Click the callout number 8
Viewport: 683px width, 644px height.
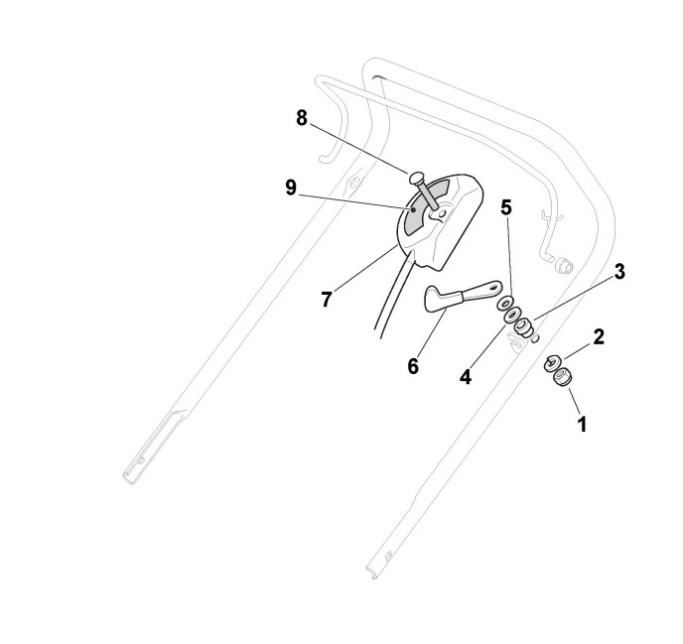tap(302, 118)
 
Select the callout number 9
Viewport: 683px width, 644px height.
tap(291, 188)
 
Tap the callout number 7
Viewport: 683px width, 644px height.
tap(327, 299)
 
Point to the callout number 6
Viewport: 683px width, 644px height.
tap(413, 365)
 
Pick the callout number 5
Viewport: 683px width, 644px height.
tap(505, 208)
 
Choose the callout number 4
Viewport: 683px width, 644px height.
tap(466, 377)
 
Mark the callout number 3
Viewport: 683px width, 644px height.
tap(618, 271)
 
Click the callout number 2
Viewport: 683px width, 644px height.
tap(598, 336)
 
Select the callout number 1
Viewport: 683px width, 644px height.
tap(582, 424)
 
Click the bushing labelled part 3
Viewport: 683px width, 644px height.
tap(523, 328)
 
